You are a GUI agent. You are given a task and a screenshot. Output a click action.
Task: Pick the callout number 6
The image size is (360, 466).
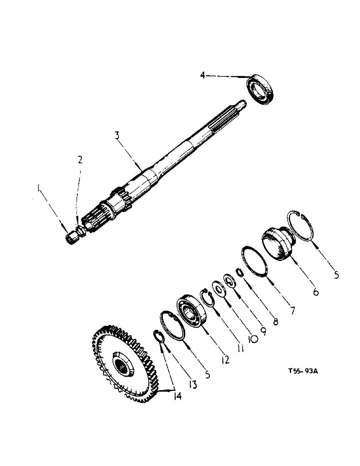316,292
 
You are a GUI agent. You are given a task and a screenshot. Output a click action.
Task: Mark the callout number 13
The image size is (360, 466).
192,384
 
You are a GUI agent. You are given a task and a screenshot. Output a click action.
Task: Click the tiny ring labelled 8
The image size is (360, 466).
240,273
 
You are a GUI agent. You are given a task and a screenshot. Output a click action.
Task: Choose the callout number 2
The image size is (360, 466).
80,160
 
